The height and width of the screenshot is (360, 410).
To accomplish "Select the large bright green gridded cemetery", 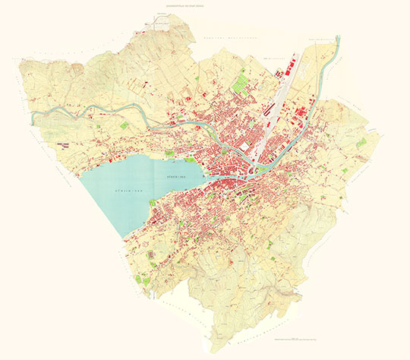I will [x=242, y=81].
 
